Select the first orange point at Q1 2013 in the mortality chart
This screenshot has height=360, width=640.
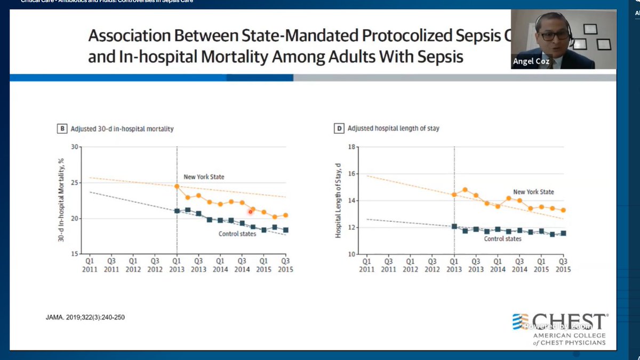click(x=177, y=187)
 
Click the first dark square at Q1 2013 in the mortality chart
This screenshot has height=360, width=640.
click(x=177, y=211)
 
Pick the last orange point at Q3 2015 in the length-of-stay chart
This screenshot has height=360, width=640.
click(x=563, y=210)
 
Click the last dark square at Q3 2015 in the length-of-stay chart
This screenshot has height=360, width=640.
click(x=563, y=233)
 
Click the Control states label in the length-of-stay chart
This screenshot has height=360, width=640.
click(x=502, y=238)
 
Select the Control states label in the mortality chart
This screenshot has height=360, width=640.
click(x=237, y=233)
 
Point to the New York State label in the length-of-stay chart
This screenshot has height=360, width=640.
click(x=533, y=191)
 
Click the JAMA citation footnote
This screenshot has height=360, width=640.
click(x=86, y=317)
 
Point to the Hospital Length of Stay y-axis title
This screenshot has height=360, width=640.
click(x=339, y=200)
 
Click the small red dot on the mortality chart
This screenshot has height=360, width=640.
click(x=250, y=212)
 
